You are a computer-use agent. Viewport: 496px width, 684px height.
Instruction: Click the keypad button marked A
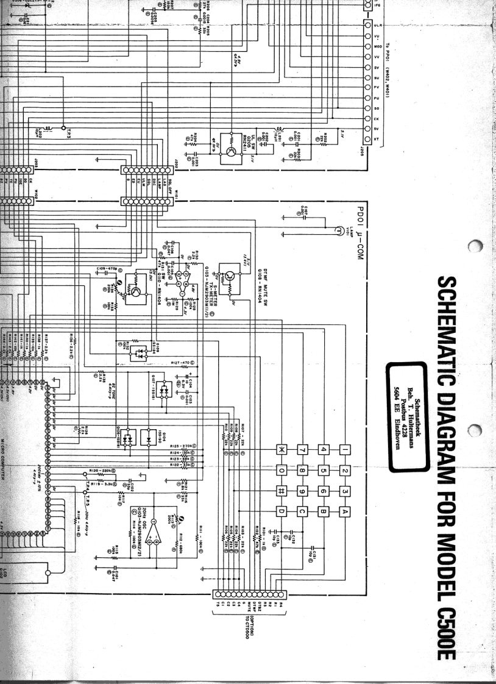click(344, 511)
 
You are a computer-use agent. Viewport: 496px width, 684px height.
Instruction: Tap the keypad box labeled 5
click(323, 471)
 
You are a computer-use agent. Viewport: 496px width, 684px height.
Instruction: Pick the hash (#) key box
click(282, 491)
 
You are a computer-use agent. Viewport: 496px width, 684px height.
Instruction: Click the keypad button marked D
click(282, 511)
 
